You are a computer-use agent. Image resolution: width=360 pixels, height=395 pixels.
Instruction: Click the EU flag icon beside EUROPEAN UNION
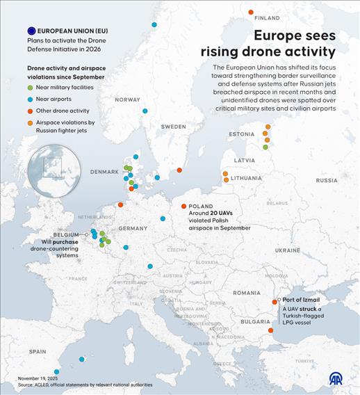click(31, 31)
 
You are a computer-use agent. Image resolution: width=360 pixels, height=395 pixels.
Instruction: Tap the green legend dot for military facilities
click(30, 87)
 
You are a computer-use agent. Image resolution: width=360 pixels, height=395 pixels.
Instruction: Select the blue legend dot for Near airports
click(30, 99)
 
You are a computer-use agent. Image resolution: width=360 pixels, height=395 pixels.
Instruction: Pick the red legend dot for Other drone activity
click(30, 111)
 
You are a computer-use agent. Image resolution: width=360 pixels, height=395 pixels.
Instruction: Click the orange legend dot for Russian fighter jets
click(30, 122)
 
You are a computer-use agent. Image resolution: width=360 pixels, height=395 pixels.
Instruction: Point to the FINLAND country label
click(268, 18)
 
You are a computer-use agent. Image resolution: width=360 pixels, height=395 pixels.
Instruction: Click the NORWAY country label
click(127, 99)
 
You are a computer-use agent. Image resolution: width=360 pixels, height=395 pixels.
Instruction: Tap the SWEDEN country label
click(173, 127)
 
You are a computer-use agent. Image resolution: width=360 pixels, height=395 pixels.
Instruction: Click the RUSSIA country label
click(326, 179)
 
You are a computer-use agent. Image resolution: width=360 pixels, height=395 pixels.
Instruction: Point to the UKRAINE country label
click(286, 249)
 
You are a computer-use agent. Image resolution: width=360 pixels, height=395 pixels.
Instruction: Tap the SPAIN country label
click(38, 352)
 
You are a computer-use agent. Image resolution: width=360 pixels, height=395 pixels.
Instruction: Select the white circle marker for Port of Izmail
click(279, 300)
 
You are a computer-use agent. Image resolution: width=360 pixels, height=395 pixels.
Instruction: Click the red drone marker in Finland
click(251, 12)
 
